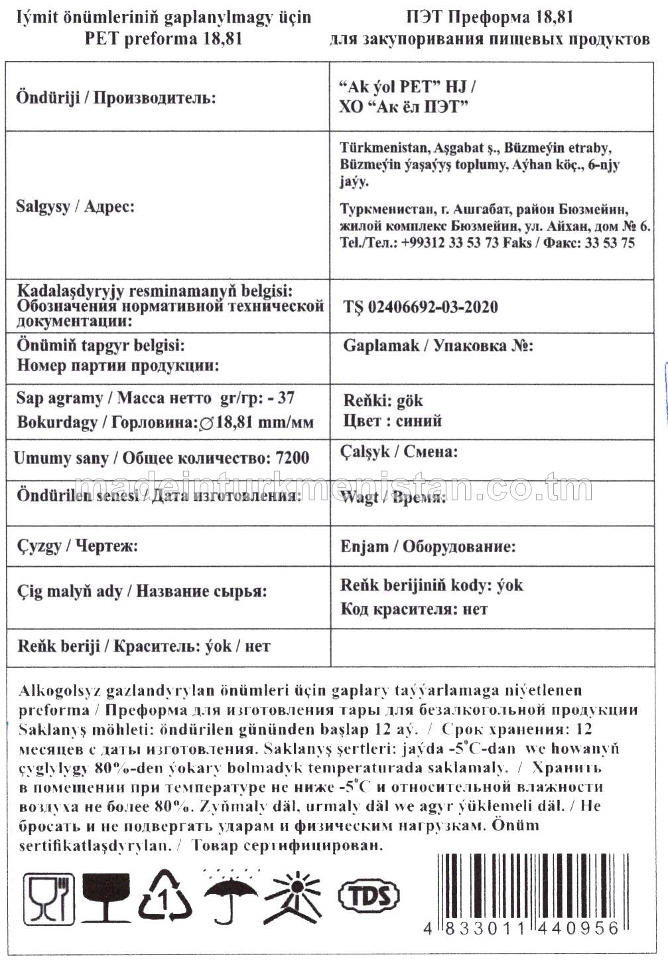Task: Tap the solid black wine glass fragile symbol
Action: [106, 898]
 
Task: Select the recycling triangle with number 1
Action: [165, 897]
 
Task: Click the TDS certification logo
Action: [369, 896]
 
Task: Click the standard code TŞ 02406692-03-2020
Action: [421, 307]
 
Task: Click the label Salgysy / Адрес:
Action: [75, 206]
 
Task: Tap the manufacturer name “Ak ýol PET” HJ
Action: [406, 87]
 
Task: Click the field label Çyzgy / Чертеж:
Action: [77, 546]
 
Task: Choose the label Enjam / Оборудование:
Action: [428, 547]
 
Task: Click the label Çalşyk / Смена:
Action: [399, 452]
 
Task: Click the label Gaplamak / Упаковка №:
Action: [438, 346]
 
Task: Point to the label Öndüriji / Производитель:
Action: [116, 98]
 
